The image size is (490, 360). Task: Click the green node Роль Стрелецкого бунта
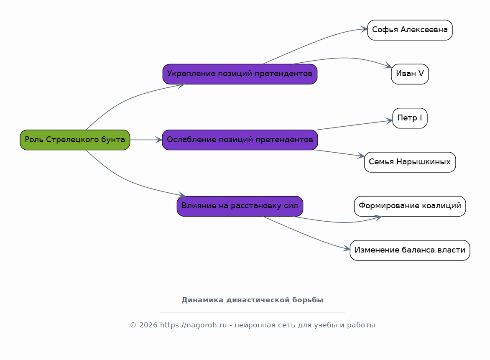coord(75,140)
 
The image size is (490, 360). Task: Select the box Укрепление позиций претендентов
coord(240,74)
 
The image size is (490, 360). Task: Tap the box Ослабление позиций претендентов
coord(240,140)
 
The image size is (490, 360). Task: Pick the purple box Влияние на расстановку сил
coord(240,206)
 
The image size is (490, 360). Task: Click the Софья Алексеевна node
coord(410,30)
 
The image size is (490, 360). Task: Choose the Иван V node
coord(410,74)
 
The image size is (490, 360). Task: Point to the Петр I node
coord(410,118)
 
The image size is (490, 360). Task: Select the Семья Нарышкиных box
coord(410,162)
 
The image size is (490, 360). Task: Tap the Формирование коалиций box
coord(410,206)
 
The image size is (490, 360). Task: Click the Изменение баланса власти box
coord(410,250)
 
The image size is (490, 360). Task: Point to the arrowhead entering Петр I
coord(389,120)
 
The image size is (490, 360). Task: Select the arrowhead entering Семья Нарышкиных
coord(361,155)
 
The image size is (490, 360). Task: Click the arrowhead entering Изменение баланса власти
coord(347,249)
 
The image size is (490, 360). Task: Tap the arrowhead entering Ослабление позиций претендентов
coord(159,140)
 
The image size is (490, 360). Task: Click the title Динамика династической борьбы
coord(253,300)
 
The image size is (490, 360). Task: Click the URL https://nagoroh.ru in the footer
coord(194,325)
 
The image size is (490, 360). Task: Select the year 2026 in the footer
coord(148,325)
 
